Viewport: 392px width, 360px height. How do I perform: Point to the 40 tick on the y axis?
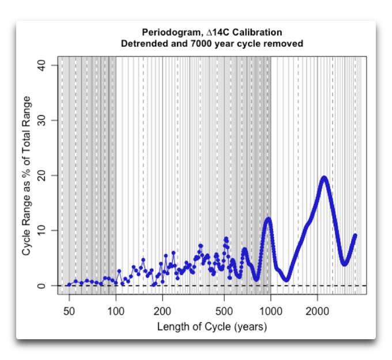tap(48, 65)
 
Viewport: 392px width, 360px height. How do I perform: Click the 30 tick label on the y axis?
tap(48, 120)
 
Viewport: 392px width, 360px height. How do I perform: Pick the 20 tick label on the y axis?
tap(48, 175)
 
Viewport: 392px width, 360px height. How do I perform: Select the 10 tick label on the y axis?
tap(48, 230)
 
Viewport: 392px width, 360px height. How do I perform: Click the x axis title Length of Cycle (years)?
tap(212, 327)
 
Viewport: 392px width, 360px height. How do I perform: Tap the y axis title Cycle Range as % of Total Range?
tap(27, 175)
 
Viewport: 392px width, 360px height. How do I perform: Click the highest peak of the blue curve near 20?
tap(324, 178)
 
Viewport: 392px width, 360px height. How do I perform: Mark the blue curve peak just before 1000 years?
tap(267, 219)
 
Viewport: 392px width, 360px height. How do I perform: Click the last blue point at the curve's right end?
tap(355, 235)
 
